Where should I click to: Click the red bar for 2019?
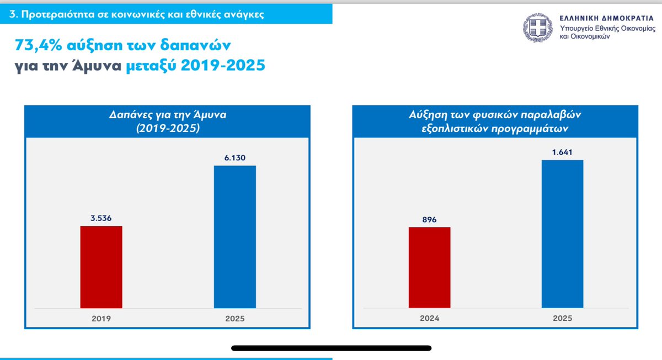coord(102,267)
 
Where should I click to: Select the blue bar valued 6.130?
coord(234,237)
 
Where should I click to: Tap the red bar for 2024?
coord(429,267)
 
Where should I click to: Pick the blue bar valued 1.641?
coord(562,234)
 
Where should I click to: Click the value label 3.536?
coord(102,218)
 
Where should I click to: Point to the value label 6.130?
coord(234,158)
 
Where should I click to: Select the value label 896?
coord(429,219)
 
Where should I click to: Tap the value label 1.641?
coord(562,152)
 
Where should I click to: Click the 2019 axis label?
coord(102,319)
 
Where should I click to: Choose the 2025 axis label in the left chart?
coord(234,319)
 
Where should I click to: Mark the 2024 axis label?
coord(429,319)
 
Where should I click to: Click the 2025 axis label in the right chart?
coord(562,319)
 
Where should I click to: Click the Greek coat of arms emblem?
coord(537,29)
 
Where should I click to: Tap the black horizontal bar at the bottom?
coord(331,348)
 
